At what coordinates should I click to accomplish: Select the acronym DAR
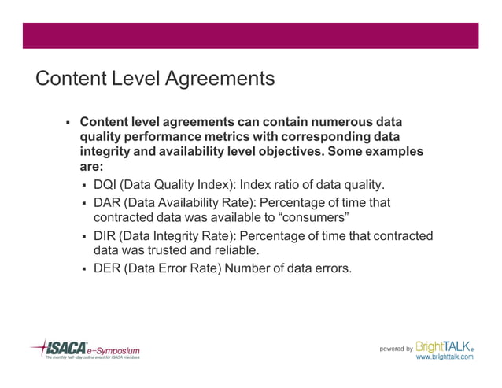click(107, 203)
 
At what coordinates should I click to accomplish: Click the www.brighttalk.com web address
click(445, 357)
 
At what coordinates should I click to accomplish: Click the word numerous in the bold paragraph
click(341, 122)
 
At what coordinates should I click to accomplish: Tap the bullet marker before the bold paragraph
click(68, 123)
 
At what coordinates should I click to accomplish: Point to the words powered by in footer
click(397, 349)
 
